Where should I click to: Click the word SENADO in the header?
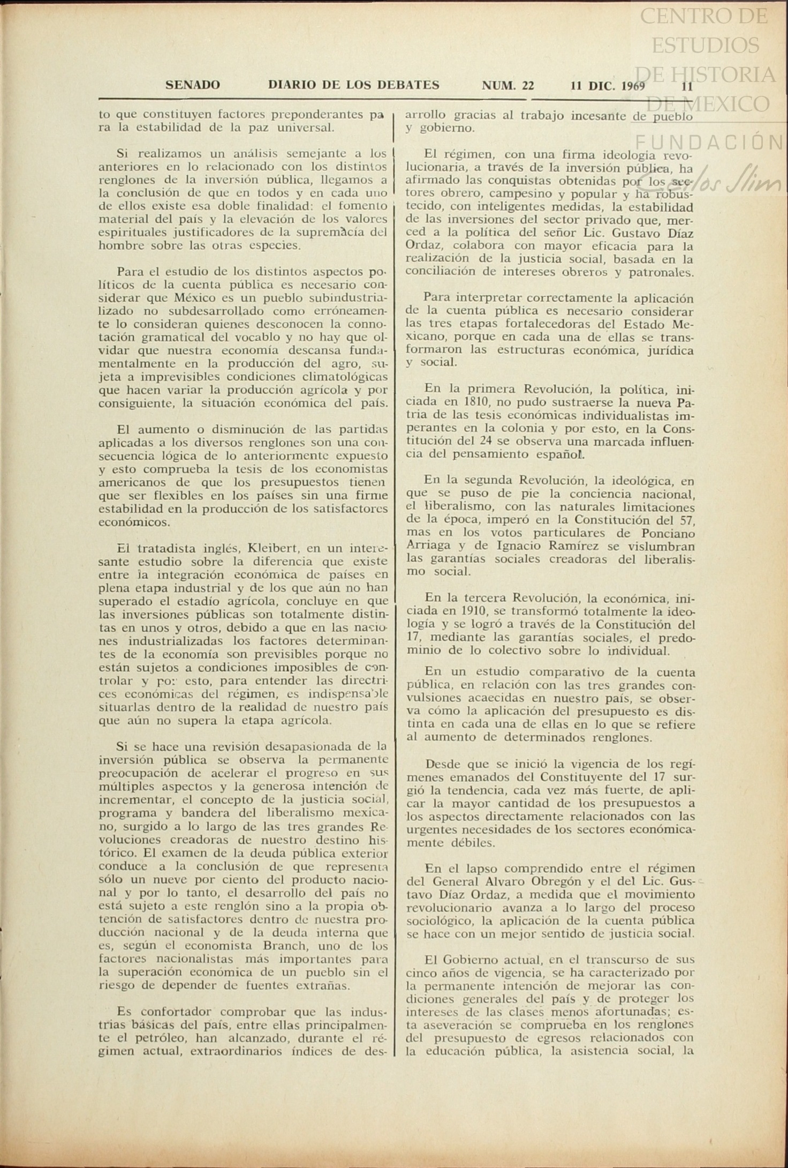click(x=193, y=85)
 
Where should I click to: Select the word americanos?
click(x=132, y=482)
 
